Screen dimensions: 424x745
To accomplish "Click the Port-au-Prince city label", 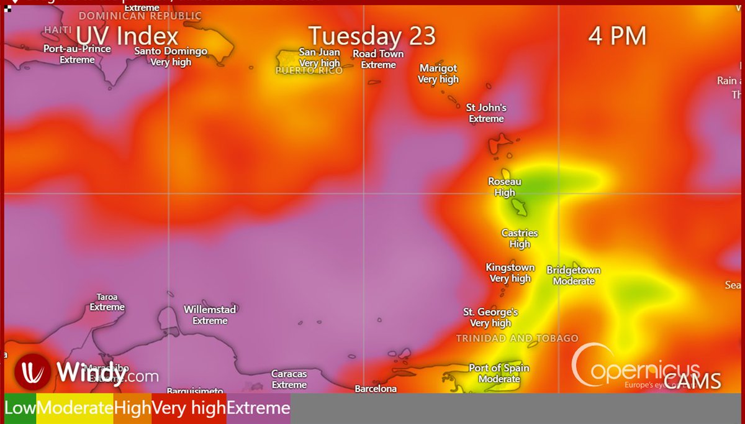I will [77, 48].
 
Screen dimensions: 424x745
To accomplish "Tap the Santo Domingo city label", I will [171, 51].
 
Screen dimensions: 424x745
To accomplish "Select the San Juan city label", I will [319, 52].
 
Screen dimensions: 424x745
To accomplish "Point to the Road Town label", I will [378, 54].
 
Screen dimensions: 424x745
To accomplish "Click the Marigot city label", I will [438, 68].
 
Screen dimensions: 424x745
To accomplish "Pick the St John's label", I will [486, 108].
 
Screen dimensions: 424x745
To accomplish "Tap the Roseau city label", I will [504, 182].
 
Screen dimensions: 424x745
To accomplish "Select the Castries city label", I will [520, 233].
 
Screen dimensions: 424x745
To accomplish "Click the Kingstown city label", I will [510, 267].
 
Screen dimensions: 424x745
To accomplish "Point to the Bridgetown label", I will [574, 270].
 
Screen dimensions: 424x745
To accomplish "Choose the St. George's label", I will [490, 311].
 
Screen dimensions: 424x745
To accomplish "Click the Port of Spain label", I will [499, 368].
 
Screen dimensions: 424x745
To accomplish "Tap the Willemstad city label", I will [210, 309].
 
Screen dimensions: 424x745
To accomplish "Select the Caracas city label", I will [289, 374].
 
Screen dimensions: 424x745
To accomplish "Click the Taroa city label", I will [107, 297].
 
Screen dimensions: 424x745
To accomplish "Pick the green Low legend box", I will [20, 408].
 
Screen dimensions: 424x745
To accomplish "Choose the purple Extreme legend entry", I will [258, 408].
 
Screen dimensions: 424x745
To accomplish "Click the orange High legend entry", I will [132, 408].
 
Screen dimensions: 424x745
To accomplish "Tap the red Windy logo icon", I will [32, 371].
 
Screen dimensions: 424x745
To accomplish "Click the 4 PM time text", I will [617, 35].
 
